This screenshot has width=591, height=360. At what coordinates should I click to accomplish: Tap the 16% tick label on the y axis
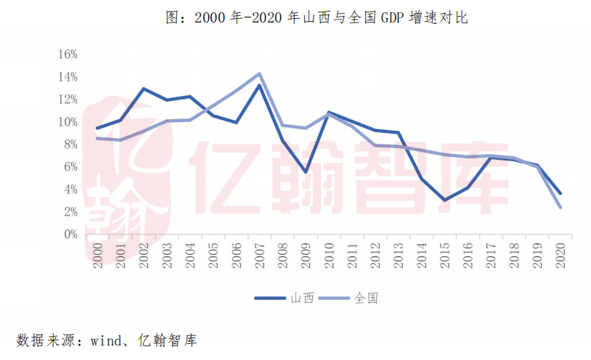coord(68,54)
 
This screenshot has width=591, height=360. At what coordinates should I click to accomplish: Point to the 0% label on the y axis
coord(70,234)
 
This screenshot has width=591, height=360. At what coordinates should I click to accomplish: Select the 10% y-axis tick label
coord(68,122)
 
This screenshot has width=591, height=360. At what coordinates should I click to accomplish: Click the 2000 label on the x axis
coord(98,255)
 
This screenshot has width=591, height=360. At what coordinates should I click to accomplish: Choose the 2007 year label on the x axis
coord(258,255)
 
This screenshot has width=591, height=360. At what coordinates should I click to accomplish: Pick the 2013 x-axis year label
coord(397,255)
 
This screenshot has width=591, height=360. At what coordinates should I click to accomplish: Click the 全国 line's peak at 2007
coord(259,73)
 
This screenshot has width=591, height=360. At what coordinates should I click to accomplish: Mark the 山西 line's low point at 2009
coord(306,172)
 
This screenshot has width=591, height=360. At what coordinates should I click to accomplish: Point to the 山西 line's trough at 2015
coord(444,200)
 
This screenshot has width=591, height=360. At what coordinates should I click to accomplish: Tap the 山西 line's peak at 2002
coord(144,89)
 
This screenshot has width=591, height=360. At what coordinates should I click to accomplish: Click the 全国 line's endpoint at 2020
coord(559,208)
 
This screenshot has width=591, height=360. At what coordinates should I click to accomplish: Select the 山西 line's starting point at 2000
coord(97,128)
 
